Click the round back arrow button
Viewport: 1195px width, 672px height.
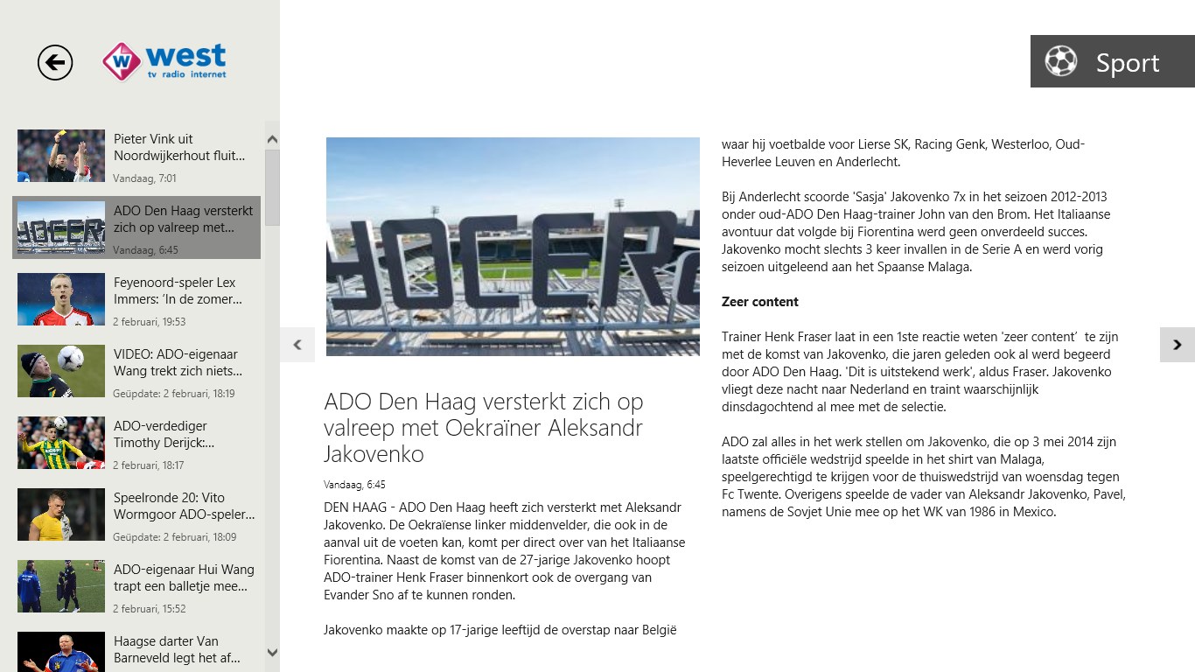(55, 62)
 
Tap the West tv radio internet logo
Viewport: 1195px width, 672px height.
(164, 61)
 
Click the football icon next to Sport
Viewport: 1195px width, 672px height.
(1061, 61)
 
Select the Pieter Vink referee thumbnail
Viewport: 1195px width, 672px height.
(61, 156)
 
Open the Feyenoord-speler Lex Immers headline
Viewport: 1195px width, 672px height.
(178, 291)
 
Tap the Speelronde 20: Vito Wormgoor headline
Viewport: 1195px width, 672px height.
(184, 507)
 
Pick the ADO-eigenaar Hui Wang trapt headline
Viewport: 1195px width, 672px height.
(184, 578)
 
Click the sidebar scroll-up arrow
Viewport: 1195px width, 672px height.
(272, 140)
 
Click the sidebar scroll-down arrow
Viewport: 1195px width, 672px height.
(272, 653)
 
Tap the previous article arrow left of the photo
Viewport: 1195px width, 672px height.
(297, 345)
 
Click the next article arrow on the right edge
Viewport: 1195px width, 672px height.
(1178, 345)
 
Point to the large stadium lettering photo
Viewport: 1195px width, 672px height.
(513, 247)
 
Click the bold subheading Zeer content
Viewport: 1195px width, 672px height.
(760, 302)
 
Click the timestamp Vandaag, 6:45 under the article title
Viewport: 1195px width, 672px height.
(354, 485)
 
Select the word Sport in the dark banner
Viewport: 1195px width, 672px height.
(1128, 63)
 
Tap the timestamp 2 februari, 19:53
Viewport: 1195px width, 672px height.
(150, 322)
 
